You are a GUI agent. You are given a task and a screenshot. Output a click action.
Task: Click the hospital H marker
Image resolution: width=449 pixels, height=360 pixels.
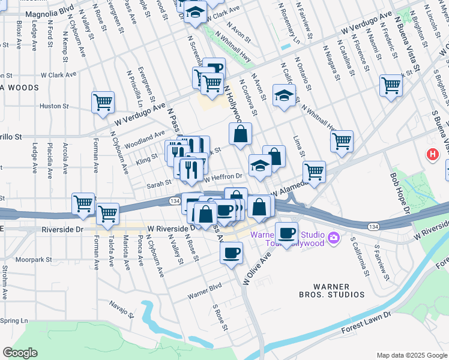tap(432, 155)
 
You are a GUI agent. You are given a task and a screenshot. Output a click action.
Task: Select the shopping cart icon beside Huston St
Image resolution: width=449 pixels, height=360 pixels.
tap(103, 102)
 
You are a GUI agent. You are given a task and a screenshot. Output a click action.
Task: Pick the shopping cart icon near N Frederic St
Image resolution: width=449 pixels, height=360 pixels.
tap(391, 85)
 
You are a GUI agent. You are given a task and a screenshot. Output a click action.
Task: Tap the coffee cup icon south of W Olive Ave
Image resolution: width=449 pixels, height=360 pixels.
tap(231, 253)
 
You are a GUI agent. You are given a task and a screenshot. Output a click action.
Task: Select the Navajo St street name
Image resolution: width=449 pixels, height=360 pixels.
tap(121, 308)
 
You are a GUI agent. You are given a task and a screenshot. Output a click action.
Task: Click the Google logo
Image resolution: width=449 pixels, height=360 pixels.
tap(20, 352)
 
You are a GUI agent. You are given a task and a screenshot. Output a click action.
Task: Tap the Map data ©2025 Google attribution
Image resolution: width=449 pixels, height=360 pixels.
tap(411, 355)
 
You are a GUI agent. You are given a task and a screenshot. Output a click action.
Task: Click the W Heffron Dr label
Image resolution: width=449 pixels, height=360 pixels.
tap(223, 176)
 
